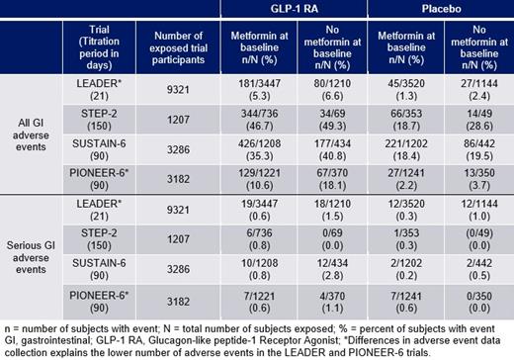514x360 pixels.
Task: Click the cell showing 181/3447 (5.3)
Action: click(254, 92)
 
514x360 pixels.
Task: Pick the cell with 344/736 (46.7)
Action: click(254, 122)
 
